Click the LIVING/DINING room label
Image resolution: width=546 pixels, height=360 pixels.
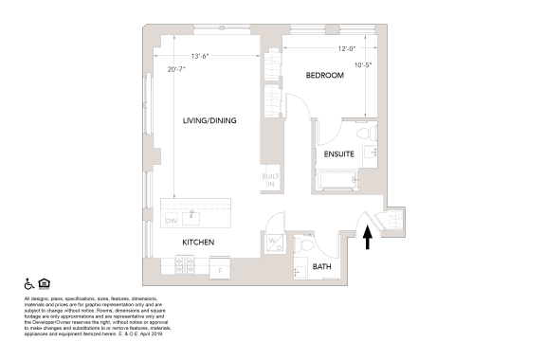tap(209, 120)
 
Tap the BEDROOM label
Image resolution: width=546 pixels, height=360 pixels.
tap(323, 75)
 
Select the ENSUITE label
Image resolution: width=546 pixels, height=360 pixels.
tap(338, 153)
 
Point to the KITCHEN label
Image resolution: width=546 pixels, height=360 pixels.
tap(198, 243)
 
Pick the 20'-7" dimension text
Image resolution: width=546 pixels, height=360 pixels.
tap(177, 68)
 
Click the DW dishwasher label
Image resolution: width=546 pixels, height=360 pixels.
tap(172, 221)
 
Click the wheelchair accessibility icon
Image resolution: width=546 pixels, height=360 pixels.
tap(28, 283)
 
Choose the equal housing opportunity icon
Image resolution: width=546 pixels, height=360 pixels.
tap(45, 283)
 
